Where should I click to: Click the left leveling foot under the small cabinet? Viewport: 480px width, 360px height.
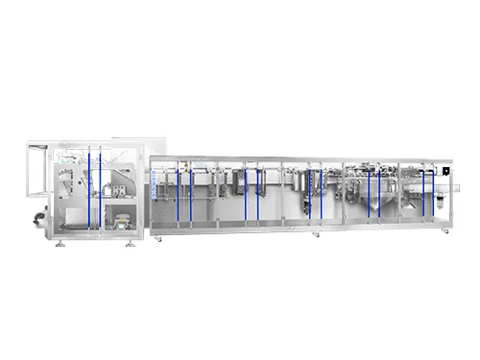pos(60,244)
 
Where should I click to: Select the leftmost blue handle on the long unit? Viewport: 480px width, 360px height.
pos(177,192)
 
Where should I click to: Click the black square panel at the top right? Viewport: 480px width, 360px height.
pos(445,169)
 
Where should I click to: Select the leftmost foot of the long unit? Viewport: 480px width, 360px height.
pos(160,235)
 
